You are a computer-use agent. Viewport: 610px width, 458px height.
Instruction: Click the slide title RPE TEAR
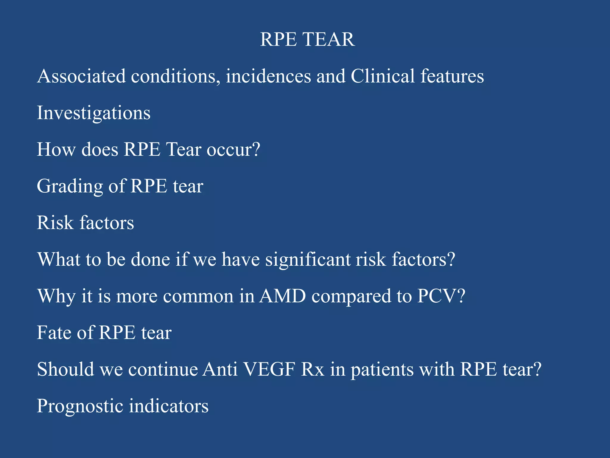point(307,39)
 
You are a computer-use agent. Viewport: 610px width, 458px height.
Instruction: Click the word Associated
point(81,76)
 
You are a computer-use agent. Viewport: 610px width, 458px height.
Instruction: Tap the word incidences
point(268,76)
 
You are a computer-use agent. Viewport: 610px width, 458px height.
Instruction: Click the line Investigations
point(94,113)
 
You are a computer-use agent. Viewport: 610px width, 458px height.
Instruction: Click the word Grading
point(70,187)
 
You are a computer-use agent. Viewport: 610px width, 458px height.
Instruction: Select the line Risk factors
point(85,223)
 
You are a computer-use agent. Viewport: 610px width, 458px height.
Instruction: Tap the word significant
point(308,259)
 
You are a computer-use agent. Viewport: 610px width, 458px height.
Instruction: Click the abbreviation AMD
point(282,296)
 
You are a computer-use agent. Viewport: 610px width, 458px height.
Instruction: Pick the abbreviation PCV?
point(441,296)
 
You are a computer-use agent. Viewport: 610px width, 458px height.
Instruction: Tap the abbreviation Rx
point(312,369)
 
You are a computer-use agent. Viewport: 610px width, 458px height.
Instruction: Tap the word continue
point(163,369)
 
